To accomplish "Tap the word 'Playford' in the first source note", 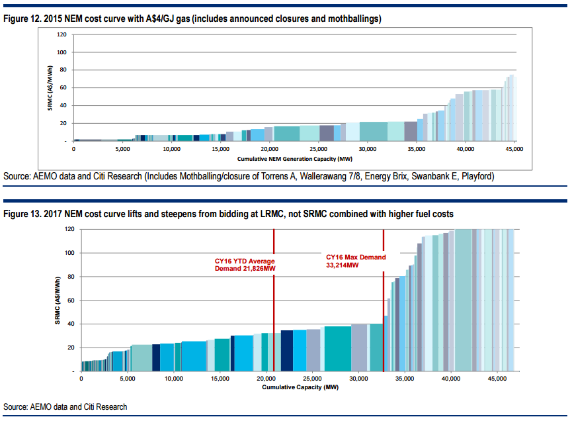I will [478, 177].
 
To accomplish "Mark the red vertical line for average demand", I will [274, 298].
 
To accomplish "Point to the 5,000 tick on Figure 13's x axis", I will [127, 379].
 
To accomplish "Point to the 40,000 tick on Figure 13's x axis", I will [450, 379].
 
